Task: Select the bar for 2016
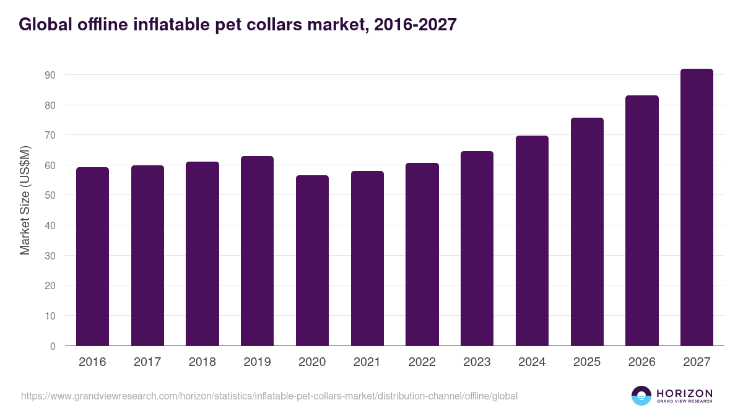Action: coord(92,256)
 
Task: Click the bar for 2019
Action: coord(257,251)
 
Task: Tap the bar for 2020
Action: coord(312,261)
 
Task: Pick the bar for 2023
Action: coord(477,248)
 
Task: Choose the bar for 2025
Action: coord(587,232)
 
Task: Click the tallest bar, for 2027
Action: coord(697,207)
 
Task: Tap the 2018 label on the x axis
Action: coord(202,362)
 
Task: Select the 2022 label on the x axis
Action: coord(422,362)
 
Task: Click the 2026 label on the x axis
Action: coord(641,362)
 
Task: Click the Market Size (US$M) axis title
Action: coord(25,200)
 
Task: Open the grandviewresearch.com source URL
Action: coord(269,396)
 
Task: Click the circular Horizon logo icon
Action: coord(641,396)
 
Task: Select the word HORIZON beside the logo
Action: coord(684,393)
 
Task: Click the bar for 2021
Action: coord(367,258)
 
